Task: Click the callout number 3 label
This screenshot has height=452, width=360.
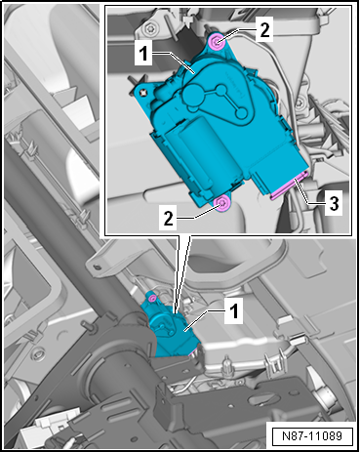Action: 334,204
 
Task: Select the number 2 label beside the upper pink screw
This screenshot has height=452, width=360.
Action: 264,30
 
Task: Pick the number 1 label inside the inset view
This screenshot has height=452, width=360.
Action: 143,54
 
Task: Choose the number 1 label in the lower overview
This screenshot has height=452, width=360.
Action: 234,311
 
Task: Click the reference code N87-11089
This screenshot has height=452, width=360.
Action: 312,436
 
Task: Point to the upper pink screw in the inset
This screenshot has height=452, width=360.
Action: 217,42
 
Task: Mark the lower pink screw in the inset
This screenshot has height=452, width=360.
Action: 223,204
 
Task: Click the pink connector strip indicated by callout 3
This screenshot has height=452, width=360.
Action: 290,185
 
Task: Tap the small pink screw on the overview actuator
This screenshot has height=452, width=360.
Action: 151,298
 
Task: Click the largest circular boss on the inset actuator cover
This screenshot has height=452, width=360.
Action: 193,96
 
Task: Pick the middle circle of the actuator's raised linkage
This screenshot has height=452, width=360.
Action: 221,90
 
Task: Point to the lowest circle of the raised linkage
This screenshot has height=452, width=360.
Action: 242,113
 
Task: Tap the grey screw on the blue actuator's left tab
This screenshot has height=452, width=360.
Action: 142,93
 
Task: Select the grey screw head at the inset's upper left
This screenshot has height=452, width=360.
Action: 149,29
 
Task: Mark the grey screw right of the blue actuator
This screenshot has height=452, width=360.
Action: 300,104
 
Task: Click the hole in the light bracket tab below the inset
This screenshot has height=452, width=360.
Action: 97,267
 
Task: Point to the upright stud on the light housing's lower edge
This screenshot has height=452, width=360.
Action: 226,363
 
